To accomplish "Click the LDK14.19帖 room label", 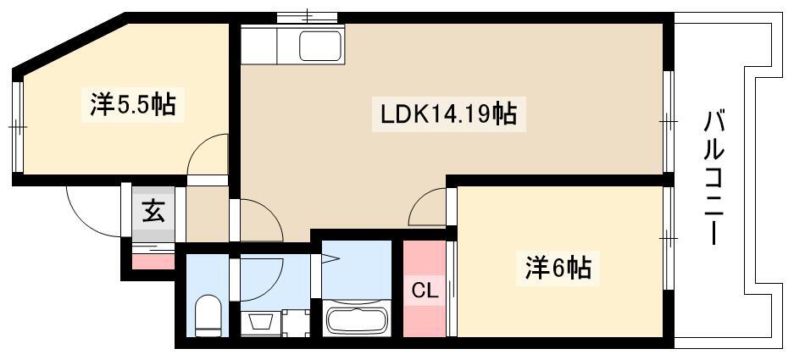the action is coord(448,114).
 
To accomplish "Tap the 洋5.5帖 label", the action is coord(133,105).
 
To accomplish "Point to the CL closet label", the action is coord(425,291).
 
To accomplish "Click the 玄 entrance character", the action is coord(153,211).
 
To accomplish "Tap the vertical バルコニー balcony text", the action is coord(715,179).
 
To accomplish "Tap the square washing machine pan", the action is coord(296,323).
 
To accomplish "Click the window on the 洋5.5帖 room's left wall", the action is coord(17,126).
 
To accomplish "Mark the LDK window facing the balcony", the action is coord(669,121).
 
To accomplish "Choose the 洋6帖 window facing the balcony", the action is coord(669,237).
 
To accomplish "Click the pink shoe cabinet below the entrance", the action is coord(153,262).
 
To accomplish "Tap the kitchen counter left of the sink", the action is coord(258,46).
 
